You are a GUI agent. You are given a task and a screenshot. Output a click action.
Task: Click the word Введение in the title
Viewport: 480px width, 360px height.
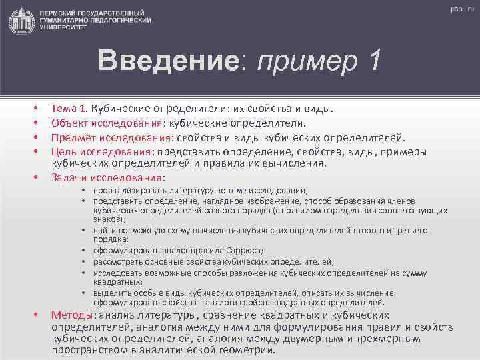pos(167,62)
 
